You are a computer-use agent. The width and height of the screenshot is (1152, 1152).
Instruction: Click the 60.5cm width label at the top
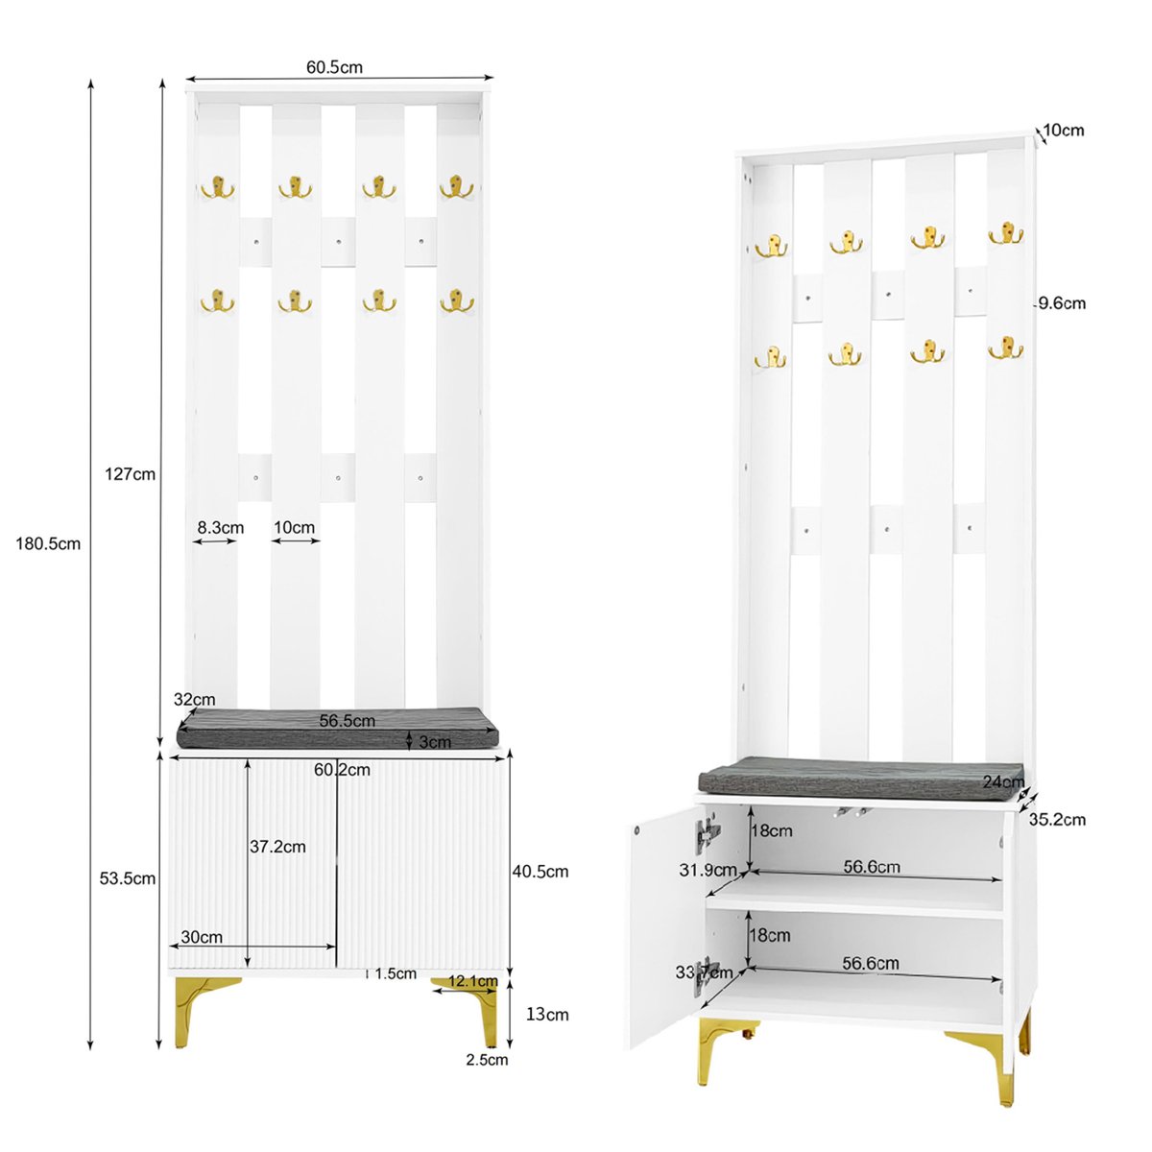[x=334, y=67]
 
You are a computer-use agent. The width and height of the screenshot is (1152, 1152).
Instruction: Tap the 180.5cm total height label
[x=48, y=544]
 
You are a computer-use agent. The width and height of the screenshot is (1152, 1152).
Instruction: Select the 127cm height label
[x=131, y=474]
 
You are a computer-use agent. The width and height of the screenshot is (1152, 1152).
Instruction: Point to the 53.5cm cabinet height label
[x=128, y=878]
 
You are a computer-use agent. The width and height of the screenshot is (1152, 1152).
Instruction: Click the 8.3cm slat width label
[x=221, y=528]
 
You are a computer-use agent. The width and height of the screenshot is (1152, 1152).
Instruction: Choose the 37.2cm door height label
[x=278, y=847]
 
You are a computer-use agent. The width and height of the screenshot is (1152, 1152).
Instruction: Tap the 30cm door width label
[x=202, y=937]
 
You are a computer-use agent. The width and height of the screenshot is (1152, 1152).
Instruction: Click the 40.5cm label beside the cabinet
[x=540, y=872]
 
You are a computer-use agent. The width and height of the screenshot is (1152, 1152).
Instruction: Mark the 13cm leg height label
[x=547, y=1015]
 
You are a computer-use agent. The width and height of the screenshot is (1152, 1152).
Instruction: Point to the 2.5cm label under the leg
[x=488, y=1060]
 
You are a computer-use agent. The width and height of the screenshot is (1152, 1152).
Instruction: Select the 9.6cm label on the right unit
[x=1063, y=303]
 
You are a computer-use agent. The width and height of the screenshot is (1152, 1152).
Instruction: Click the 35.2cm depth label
[x=1057, y=819]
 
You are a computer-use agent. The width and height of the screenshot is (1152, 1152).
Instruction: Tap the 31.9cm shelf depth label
[x=708, y=870]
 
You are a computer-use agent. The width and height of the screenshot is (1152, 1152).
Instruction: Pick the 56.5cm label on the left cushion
[x=348, y=720]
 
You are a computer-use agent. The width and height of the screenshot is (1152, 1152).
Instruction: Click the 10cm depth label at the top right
[x=1064, y=131]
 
